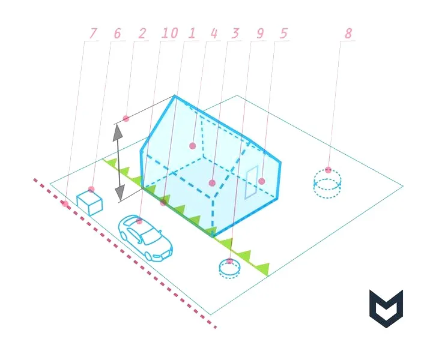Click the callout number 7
[x=92, y=34]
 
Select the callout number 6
[x=117, y=34]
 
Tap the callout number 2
[x=142, y=34]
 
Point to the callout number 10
[x=169, y=33]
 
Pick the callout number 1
[x=192, y=34]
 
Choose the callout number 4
[x=213, y=34]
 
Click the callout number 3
[x=235, y=34]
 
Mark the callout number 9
[x=260, y=34]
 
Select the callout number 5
[x=283, y=34]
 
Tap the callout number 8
[x=348, y=34]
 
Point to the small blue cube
[x=89, y=203]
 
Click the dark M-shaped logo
[x=386, y=308]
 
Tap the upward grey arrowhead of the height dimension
[x=118, y=133]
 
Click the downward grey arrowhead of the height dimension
[x=120, y=193]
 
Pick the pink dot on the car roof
[x=139, y=221]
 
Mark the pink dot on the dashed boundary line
[x=65, y=204]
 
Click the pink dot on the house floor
[x=212, y=183]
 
